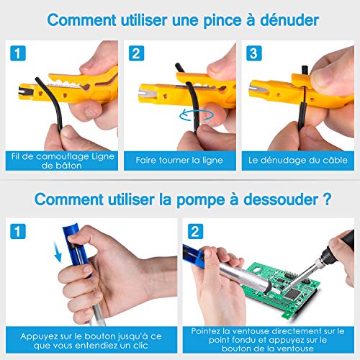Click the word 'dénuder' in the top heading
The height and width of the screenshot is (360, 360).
click(289, 20)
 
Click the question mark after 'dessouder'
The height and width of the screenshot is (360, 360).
click(327, 199)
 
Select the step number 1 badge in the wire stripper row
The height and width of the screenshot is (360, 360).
click(18, 53)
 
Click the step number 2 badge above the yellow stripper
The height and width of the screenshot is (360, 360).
click(136, 53)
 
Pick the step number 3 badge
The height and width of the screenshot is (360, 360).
click(254, 53)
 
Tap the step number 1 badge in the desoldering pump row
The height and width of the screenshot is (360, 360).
click(18, 231)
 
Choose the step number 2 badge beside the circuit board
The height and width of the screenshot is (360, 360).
click(195, 231)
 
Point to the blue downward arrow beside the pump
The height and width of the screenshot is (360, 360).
click(58, 252)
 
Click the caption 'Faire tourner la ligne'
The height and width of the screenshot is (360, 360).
click(179, 160)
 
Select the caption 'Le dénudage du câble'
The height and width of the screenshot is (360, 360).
click(298, 160)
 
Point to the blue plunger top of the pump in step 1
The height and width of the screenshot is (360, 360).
click(71, 232)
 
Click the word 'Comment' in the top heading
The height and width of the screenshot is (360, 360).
click(81, 20)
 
